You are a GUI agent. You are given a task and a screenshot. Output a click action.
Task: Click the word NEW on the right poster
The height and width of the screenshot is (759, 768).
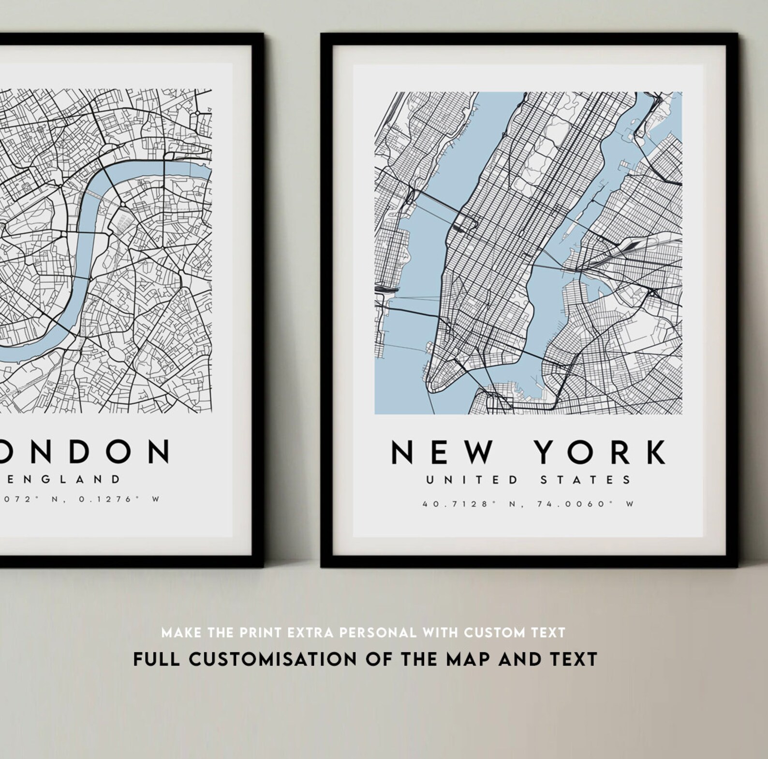click(x=443, y=452)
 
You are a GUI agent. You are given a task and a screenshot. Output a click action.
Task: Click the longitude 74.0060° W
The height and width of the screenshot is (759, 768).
click(x=585, y=504)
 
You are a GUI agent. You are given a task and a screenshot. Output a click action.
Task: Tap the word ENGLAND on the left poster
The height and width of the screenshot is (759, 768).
click(x=63, y=479)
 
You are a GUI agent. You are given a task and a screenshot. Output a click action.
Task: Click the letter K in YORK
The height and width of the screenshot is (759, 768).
click(x=655, y=452)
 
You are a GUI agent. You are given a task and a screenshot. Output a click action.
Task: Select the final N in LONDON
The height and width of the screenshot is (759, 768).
click(x=158, y=451)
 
